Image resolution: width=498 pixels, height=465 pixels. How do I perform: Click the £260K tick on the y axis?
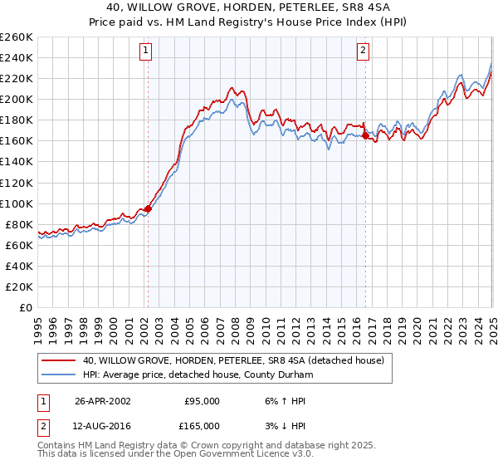[17, 37]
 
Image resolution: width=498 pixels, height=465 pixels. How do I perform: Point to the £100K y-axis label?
[17, 203]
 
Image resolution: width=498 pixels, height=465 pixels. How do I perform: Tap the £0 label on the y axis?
[27, 307]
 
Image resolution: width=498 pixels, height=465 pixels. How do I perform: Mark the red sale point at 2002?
[148, 208]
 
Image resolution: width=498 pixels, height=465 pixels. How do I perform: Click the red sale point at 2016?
[365, 135]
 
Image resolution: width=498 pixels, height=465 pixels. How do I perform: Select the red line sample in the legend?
[59, 361]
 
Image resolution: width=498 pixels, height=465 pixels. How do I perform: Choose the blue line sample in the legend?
[59, 375]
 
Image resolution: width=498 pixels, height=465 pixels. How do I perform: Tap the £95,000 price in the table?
[202, 401]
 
